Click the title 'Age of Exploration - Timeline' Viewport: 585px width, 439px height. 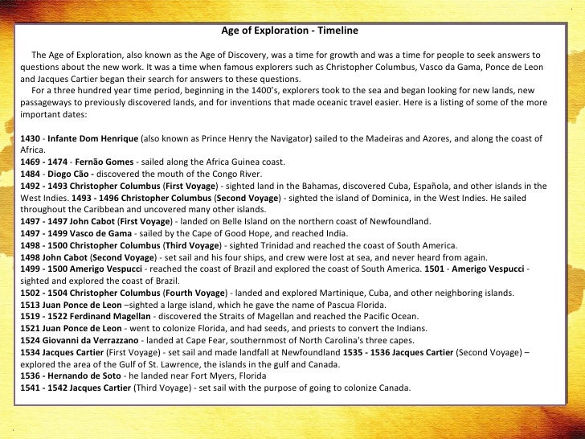click(290, 31)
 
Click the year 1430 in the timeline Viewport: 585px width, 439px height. click(31, 138)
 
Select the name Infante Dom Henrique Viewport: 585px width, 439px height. click(92, 138)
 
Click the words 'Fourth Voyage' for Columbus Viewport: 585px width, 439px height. click(196, 293)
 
